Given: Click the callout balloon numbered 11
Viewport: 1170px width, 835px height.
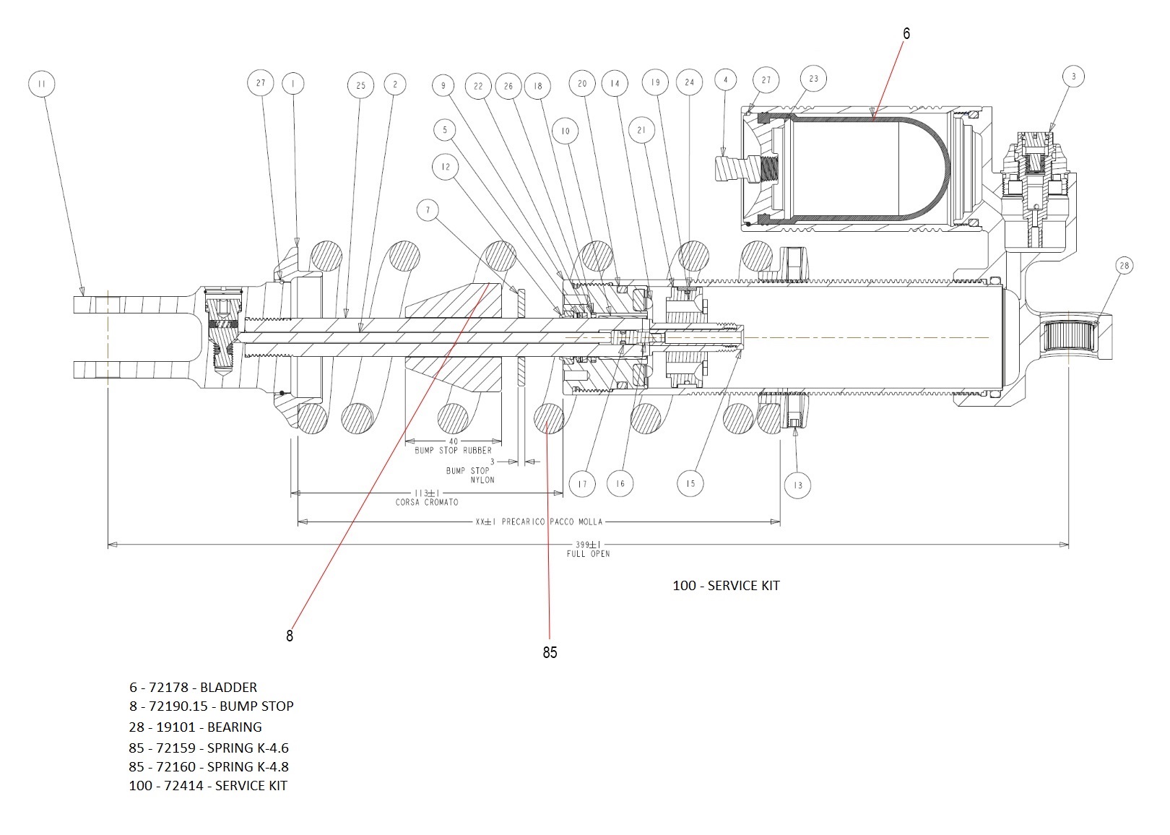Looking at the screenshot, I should [41, 85].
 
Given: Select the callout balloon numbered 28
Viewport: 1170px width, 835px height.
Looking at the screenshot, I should [1124, 266].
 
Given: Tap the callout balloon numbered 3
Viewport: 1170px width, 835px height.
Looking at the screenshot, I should [1073, 77].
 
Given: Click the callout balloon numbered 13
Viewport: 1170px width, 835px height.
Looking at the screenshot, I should [797, 485].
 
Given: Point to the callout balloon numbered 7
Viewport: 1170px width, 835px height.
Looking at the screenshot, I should [428, 210].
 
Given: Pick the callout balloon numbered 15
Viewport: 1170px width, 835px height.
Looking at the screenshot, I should [690, 483].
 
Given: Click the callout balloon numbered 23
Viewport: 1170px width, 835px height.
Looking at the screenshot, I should [814, 79].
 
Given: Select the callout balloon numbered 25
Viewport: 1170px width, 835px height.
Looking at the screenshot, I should [361, 85].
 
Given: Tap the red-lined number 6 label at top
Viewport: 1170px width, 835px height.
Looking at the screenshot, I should [906, 33].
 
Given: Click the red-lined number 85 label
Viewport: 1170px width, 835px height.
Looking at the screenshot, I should [550, 652].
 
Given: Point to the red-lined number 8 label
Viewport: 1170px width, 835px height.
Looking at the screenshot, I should [290, 636].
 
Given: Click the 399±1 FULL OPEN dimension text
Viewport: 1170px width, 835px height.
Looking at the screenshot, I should [588, 549].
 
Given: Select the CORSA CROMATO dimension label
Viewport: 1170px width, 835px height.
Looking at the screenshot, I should [426, 502].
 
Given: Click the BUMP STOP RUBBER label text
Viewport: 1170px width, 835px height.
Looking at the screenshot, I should [453, 450].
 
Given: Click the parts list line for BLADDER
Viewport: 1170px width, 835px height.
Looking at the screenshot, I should [193, 687].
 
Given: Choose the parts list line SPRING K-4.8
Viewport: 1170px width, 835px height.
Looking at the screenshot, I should [209, 766].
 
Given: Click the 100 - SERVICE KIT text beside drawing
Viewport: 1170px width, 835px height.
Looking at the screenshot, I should [726, 585].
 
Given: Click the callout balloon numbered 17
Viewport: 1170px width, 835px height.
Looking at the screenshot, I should [582, 484].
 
